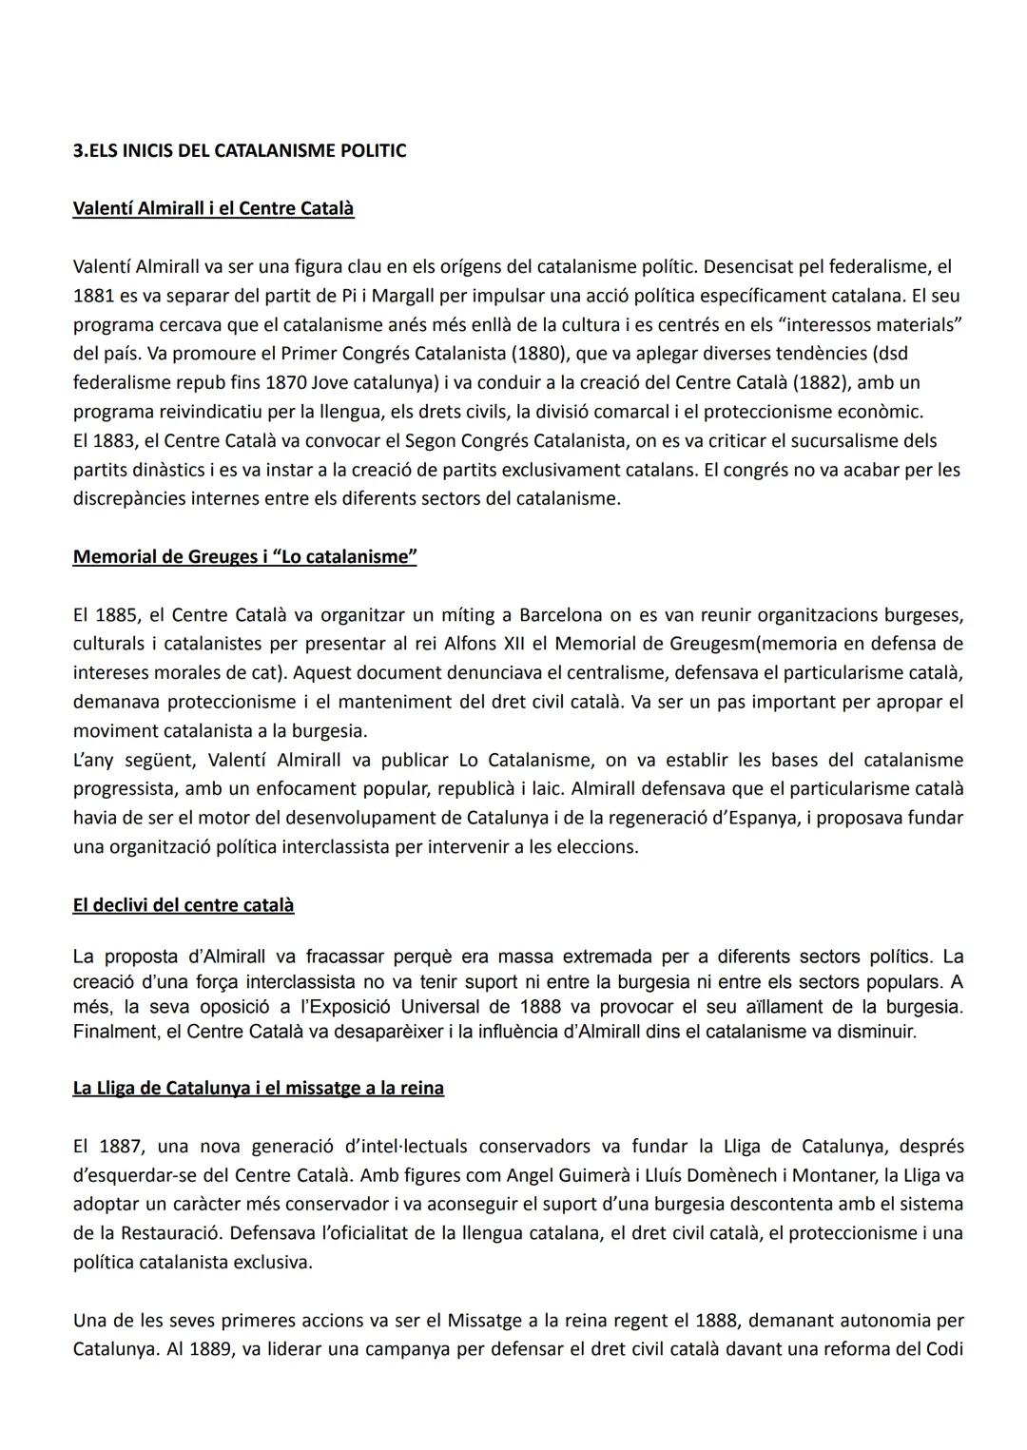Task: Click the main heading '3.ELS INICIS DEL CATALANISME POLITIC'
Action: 240,150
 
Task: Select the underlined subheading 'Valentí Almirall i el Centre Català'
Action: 213,208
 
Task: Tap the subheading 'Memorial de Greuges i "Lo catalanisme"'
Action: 244,557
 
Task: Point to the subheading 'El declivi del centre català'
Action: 183,905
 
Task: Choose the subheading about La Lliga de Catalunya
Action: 258,1088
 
